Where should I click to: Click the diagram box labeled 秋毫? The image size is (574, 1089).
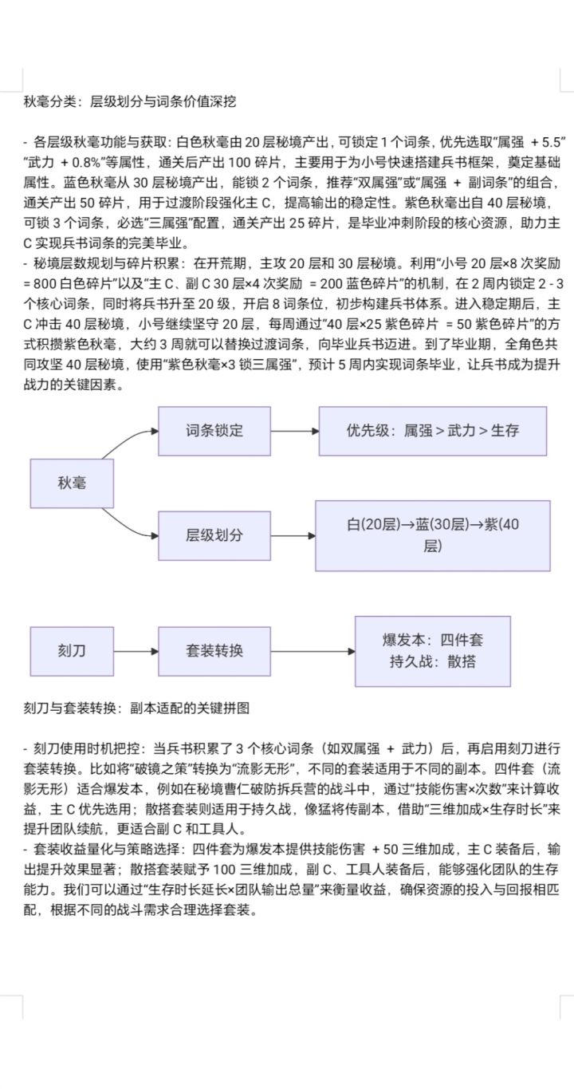(x=71, y=483)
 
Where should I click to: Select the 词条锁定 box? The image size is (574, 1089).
(x=214, y=431)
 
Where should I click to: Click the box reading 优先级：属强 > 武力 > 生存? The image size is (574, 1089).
(x=432, y=431)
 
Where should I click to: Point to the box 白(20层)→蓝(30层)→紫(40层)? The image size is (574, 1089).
(x=432, y=535)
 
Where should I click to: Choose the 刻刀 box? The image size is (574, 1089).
(x=71, y=650)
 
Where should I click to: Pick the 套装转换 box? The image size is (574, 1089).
(x=214, y=650)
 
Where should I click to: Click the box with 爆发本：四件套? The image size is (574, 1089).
(x=432, y=640)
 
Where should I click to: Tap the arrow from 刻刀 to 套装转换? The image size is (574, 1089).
(x=135, y=650)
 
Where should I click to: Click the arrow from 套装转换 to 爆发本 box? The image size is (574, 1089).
(x=313, y=650)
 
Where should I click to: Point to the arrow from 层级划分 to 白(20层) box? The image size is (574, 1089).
(x=293, y=535)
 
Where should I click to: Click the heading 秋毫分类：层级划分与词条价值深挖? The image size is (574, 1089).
(x=130, y=101)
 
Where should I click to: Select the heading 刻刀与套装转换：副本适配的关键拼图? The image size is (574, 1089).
(x=137, y=708)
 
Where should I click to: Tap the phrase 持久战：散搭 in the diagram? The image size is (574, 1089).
(x=432, y=661)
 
